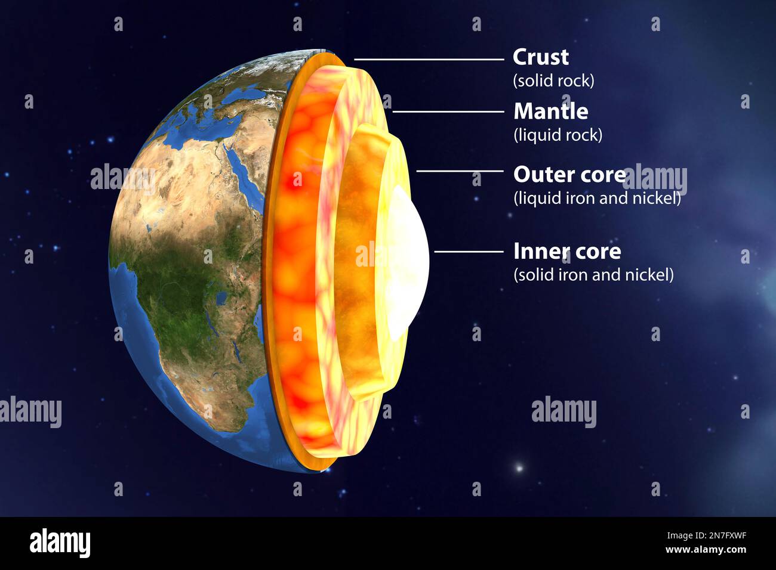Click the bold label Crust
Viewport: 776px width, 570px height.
point(540,57)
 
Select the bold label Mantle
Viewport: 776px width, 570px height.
point(550,111)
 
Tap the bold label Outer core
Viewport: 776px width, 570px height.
point(569,175)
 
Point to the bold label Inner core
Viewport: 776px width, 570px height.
point(566,251)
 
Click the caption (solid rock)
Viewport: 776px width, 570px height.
point(553,80)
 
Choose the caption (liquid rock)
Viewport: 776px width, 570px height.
point(558,135)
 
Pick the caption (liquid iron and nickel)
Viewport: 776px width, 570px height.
point(597,198)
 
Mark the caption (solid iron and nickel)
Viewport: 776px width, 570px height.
point(593,275)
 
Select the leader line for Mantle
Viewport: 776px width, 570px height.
point(448,111)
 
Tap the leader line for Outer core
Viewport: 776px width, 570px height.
point(460,171)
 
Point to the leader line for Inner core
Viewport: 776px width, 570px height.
point(469,252)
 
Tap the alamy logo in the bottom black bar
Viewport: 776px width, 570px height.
point(60,543)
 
